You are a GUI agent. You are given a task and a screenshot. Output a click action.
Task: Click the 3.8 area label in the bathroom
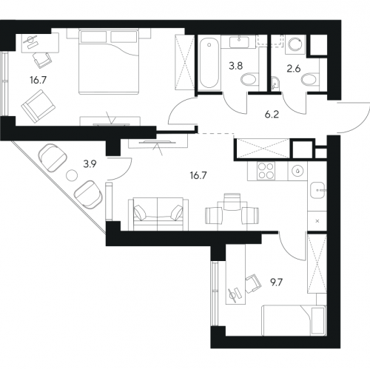[x=236, y=66]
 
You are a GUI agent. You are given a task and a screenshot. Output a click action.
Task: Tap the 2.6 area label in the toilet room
[x=294, y=69]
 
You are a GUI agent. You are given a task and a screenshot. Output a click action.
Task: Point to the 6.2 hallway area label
[x=272, y=115]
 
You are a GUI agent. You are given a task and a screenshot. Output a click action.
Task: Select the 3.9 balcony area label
[x=90, y=164]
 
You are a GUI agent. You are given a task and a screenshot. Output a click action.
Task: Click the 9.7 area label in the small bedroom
[x=276, y=282]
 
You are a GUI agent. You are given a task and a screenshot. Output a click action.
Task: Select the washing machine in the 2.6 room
[x=295, y=44]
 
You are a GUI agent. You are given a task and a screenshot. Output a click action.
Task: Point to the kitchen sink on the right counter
[x=317, y=190]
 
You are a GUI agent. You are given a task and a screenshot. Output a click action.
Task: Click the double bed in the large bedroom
[x=109, y=61]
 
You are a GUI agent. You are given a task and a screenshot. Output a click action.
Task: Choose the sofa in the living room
[x=158, y=214]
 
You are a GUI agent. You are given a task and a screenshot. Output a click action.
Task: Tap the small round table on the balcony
[x=72, y=175]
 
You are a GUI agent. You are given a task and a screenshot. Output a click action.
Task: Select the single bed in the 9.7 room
[x=294, y=320]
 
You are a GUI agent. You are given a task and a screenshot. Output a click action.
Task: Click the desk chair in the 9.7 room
[x=253, y=283]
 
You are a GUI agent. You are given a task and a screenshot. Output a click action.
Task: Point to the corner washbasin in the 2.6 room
[x=275, y=82]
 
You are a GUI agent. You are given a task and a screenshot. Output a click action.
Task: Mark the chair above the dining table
[x=232, y=202]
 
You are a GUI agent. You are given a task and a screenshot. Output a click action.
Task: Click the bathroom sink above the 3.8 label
[x=239, y=41]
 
